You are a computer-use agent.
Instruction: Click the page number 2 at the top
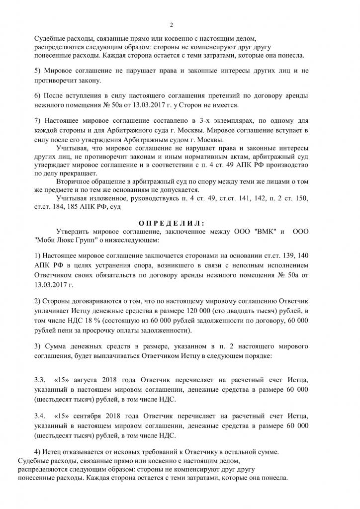click(x=171, y=25)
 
